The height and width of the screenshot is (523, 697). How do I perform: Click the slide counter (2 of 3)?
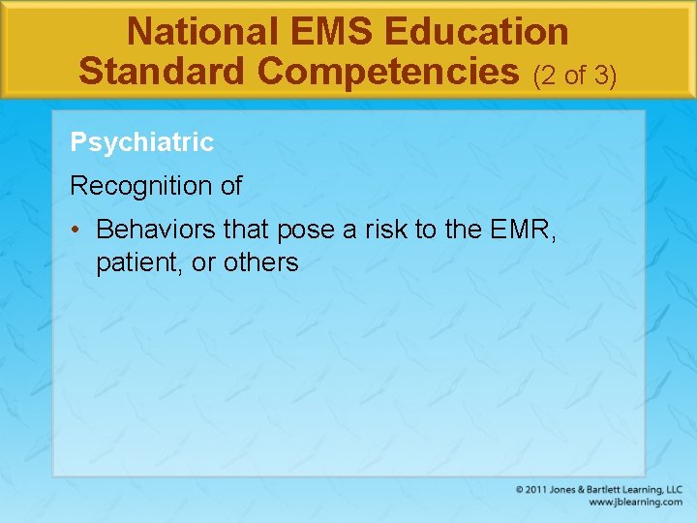pos(575,75)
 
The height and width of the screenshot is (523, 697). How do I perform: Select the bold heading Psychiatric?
pos(141,142)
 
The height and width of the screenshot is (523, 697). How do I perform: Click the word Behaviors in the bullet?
pos(157,230)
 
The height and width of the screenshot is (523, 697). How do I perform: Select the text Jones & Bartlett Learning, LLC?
pos(617,490)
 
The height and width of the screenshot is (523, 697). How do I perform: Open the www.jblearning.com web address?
pos(635,503)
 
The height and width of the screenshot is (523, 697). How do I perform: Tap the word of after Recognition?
pos(230,186)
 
